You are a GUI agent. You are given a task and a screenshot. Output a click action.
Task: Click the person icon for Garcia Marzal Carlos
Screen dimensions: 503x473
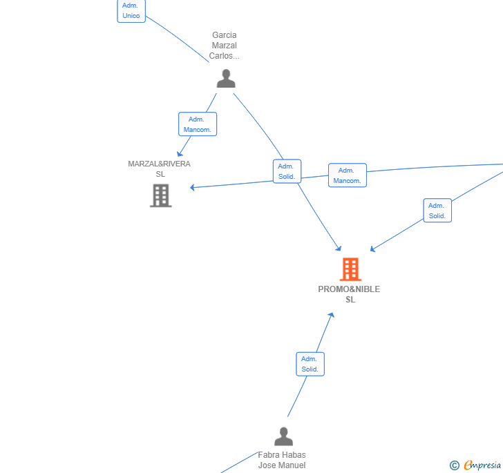tap(226, 79)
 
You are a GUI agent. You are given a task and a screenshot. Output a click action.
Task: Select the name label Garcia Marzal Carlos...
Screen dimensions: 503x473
tap(225, 45)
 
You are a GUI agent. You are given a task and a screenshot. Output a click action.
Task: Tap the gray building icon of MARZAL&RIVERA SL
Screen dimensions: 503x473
tap(161, 195)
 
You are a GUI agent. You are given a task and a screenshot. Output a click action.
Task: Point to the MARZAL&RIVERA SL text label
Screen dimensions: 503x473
tap(160, 169)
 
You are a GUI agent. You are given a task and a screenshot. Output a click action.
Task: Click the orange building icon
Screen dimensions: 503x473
tap(350, 269)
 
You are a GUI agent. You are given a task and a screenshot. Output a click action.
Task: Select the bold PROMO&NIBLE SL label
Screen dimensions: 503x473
tap(349, 294)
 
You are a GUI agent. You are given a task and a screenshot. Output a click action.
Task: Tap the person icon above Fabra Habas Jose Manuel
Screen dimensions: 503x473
tap(283, 436)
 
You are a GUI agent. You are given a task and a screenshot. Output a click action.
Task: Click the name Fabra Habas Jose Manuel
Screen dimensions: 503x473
tap(282, 460)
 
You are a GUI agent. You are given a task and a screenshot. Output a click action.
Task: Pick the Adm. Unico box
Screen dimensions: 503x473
tap(131, 11)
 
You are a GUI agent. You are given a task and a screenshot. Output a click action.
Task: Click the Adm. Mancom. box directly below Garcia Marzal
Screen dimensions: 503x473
tap(198, 124)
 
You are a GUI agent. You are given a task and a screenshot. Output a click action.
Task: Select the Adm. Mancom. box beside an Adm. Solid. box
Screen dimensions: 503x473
tap(348, 175)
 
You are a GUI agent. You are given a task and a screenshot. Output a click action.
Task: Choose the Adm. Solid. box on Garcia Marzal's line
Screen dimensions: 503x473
tap(287, 171)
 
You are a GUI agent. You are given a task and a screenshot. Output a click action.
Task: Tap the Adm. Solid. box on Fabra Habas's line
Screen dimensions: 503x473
tap(310, 364)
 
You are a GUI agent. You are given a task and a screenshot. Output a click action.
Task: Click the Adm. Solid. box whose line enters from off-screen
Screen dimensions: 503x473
tap(437, 211)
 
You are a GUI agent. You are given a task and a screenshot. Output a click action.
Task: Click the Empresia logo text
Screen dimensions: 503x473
tap(482, 465)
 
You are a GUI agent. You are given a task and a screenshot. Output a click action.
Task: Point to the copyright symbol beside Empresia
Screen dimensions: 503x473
tap(454, 465)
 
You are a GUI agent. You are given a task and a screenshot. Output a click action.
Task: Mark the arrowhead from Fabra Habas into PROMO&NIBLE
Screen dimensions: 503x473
tap(332, 316)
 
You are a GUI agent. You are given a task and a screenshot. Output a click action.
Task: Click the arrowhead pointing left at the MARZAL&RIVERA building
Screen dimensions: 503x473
tap(193, 187)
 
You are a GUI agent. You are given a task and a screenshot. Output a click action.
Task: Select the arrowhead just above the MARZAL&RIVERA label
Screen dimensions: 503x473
tap(180, 154)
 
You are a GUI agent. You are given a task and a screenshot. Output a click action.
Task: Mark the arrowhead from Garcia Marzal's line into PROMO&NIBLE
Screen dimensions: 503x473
tap(339, 248)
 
